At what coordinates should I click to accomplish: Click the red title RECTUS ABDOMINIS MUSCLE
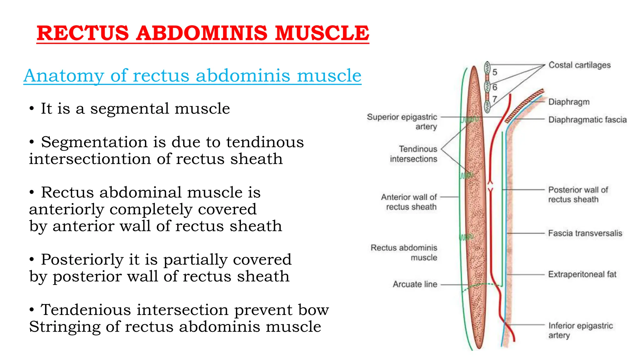click(x=203, y=33)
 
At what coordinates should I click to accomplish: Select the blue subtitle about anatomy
click(x=192, y=76)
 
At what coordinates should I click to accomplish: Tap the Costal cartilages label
click(x=579, y=65)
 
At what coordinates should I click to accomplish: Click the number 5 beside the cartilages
click(x=495, y=72)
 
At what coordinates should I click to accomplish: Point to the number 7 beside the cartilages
click(x=495, y=99)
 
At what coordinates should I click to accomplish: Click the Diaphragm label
click(x=569, y=102)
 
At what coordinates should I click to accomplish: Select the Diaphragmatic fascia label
click(x=587, y=120)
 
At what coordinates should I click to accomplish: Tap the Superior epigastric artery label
click(x=402, y=122)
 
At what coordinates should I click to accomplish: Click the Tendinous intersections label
click(x=413, y=154)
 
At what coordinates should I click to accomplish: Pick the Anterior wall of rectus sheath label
click(x=409, y=202)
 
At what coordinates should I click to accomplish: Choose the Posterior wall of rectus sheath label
click(x=578, y=194)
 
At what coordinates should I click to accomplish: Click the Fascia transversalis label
click(x=585, y=233)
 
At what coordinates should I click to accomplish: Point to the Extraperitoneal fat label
click(x=582, y=274)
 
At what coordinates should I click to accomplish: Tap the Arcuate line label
click(x=415, y=284)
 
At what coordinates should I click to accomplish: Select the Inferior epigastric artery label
click(x=580, y=330)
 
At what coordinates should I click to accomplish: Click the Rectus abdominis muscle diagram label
click(x=404, y=252)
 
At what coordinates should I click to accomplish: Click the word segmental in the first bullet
click(x=129, y=109)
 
